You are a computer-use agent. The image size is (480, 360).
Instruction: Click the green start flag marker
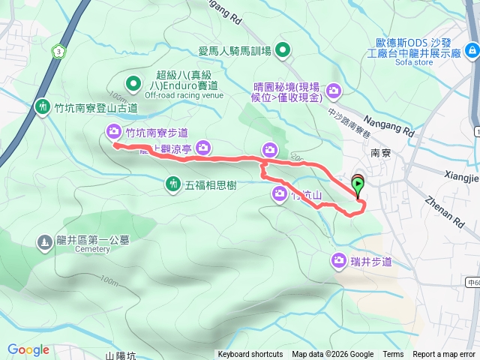point(358,182)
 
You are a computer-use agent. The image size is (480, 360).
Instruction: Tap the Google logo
point(28,349)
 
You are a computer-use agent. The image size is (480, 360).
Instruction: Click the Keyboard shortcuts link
point(250,355)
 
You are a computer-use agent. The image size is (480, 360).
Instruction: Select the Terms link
point(393,355)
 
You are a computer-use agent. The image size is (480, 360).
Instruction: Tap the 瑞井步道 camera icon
point(338,260)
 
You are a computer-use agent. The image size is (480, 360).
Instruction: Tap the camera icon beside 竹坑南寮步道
point(113,133)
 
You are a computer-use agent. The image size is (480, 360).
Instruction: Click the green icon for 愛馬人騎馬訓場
point(282,51)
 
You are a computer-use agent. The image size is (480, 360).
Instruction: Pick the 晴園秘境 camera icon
point(334,91)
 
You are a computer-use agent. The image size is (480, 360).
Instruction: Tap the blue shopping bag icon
point(472,50)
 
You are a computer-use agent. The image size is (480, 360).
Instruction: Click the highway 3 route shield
point(58,51)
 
